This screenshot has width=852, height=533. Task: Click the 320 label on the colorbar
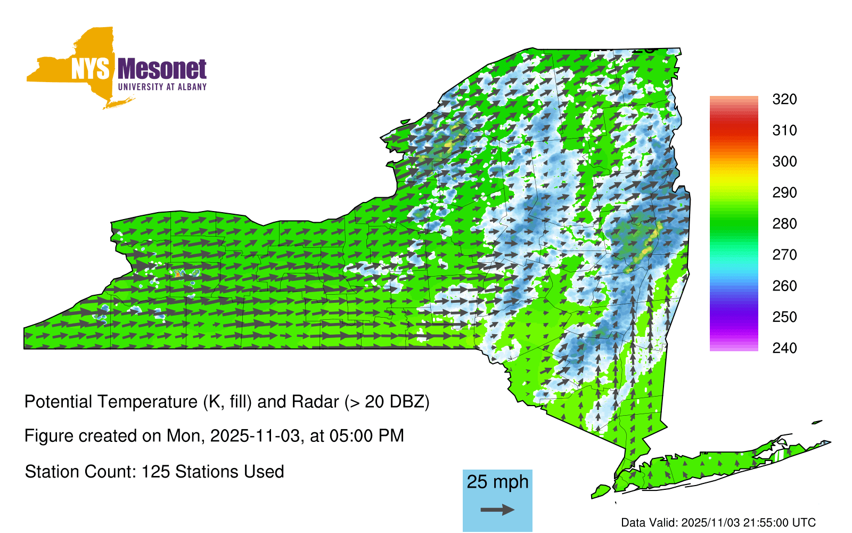pyautogui.click(x=784, y=99)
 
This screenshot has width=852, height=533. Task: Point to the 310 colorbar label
pyautogui.click(x=784, y=131)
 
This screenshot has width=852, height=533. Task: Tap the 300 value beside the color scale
pyautogui.click(x=784, y=161)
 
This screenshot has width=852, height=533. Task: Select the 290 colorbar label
pyautogui.click(x=784, y=192)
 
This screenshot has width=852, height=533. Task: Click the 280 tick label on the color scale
pyautogui.click(x=784, y=223)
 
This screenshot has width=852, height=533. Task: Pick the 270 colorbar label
pyautogui.click(x=784, y=255)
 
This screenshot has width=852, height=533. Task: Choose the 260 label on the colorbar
pyautogui.click(x=784, y=286)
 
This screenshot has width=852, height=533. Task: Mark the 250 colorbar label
pyautogui.click(x=784, y=317)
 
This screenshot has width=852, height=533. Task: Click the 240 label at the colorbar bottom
pyautogui.click(x=784, y=348)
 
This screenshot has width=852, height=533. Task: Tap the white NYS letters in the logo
pyautogui.click(x=90, y=69)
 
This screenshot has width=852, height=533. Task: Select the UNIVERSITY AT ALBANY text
pyautogui.click(x=162, y=87)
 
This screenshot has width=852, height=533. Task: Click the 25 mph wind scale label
pyautogui.click(x=497, y=482)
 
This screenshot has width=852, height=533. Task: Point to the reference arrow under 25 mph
pyautogui.click(x=497, y=510)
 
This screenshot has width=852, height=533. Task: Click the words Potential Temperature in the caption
pyautogui.click(x=111, y=402)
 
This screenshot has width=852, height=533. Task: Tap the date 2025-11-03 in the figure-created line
pyautogui.click(x=255, y=436)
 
